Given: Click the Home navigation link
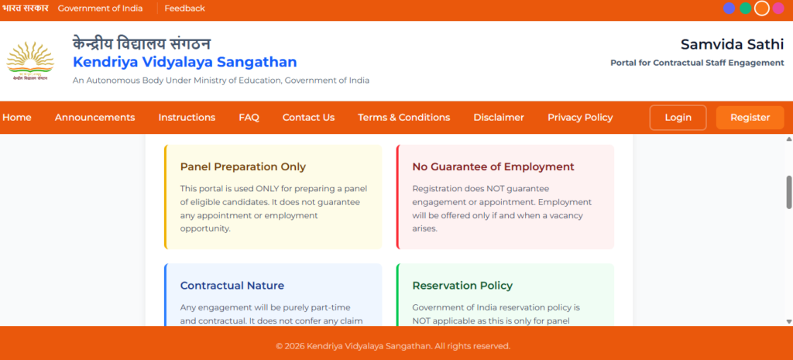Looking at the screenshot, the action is click(x=17, y=118).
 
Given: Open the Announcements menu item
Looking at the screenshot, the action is click(x=95, y=118).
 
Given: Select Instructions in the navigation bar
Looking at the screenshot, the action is click(x=187, y=118).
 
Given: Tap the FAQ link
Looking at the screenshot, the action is click(x=249, y=118).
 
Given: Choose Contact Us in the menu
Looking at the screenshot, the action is click(x=308, y=118).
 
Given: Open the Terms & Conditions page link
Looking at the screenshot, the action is click(x=404, y=118).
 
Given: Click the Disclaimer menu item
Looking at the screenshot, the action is click(x=499, y=118).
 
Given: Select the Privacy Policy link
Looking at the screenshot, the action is click(x=580, y=118).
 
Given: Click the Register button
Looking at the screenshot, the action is click(x=750, y=118).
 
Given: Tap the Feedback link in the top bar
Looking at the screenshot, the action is click(x=184, y=9).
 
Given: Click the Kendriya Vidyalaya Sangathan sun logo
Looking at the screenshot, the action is click(x=30, y=62).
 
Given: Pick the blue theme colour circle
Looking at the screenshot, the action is click(x=729, y=8).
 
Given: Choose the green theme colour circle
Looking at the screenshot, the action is click(x=746, y=8).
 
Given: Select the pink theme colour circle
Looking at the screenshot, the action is click(x=778, y=8).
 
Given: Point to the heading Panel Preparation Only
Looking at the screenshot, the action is click(x=242, y=167).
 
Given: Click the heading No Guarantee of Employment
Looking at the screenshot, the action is click(x=493, y=167).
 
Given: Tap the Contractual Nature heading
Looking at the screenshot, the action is click(x=232, y=286).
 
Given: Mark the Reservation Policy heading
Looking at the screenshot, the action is click(x=462, y=286).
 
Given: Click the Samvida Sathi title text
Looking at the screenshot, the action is click(x=733, y=44).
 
